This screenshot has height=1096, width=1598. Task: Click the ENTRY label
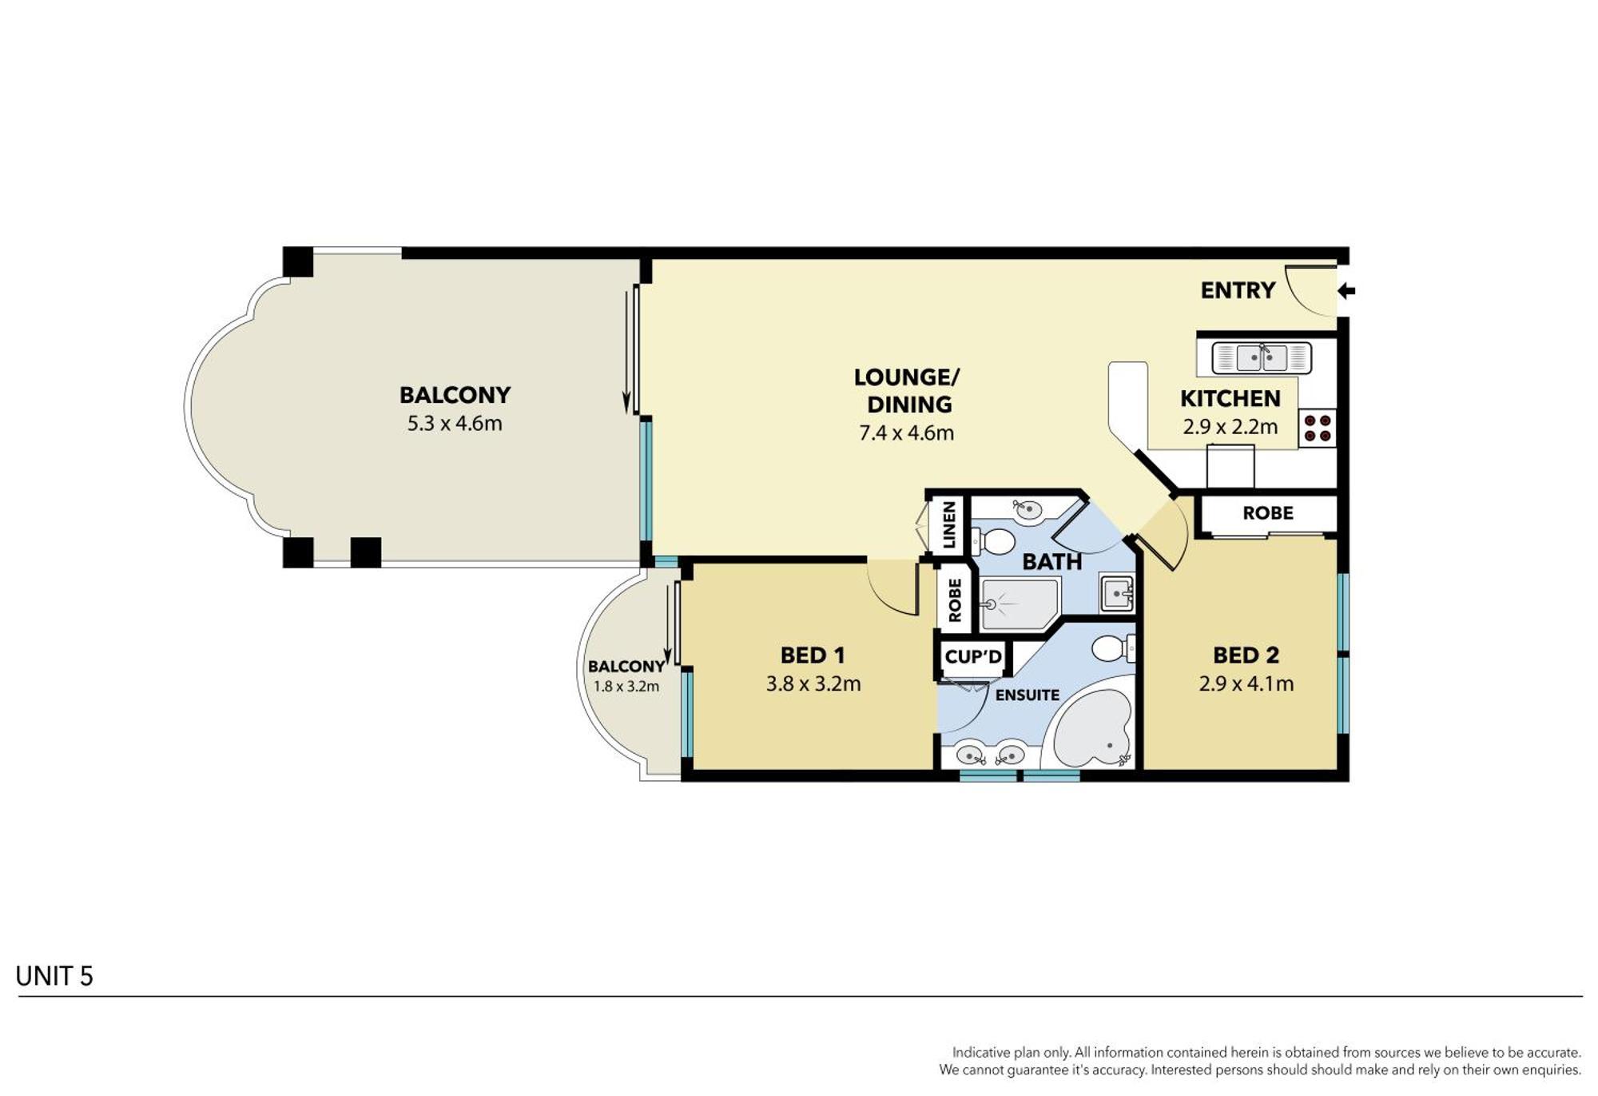[1238, 290]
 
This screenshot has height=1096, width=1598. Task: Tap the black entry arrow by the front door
[1346, 291]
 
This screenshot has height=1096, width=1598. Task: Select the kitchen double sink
[1262, 357]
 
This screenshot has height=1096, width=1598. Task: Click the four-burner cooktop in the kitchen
[1317, 428]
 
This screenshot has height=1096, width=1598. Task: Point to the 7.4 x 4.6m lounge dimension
[906, 433]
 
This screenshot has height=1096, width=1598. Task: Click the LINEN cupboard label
[949, 524]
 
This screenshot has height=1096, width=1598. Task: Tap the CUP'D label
[973, 657]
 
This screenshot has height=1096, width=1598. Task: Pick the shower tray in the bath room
[1020, 604]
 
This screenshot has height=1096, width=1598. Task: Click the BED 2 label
[1246, 656]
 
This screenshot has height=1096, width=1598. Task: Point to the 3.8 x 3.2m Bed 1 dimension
[813, 684]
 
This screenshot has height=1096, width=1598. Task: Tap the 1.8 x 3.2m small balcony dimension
[626, 687]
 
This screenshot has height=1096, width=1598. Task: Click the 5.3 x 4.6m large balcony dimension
[455, 424]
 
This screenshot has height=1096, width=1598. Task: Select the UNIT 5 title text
[54, 976]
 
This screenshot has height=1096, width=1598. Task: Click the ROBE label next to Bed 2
[1267, 513]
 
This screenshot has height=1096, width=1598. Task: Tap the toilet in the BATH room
[995, 541]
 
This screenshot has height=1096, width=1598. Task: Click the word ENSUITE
[1027, 695]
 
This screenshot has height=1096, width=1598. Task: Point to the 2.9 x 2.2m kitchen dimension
[1230, 427]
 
